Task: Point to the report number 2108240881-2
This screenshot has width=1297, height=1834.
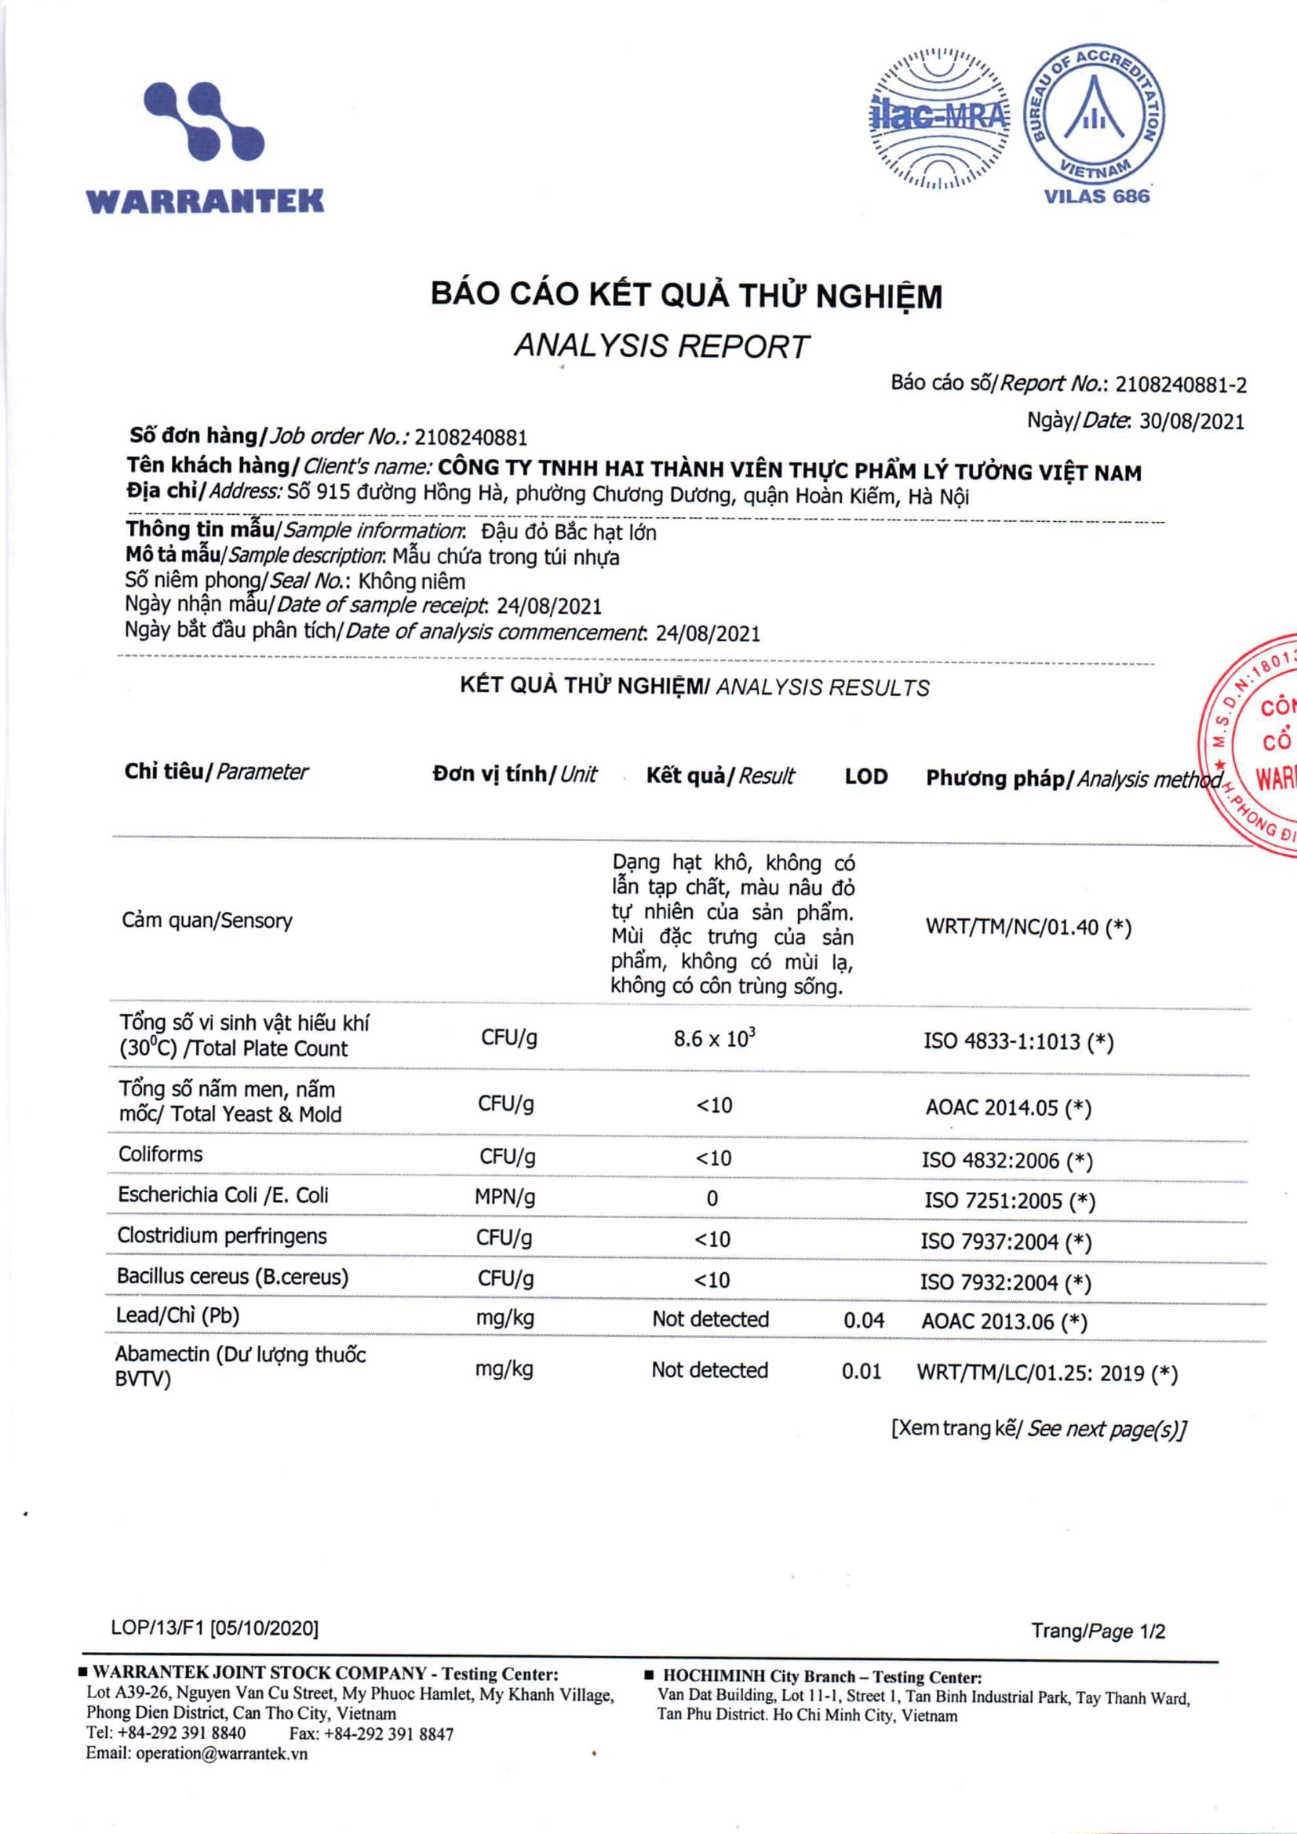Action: [x=1180, y=385]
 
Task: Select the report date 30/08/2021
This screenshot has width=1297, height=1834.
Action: [x=1192, y=421]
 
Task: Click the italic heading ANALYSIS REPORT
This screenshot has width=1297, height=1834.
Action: [x=661, y=346]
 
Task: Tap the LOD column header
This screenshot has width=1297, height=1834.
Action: [x=865, y=776]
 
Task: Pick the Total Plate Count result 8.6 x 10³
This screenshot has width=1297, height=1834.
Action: [x=714, y=1038]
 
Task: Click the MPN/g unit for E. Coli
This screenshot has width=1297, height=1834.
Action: [x=505, y=1198]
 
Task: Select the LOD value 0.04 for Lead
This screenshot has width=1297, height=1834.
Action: [x=863, y=1321]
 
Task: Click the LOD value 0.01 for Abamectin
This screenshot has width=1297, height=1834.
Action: [x=861, y=1372]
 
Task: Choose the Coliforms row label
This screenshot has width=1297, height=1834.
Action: [x=161, y=1154]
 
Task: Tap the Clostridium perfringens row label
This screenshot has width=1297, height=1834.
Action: [x=222, y=1236]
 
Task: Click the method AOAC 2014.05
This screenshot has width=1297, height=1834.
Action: [x=992, y=1108]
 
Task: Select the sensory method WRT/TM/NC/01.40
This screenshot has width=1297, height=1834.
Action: [x=1012, y=928]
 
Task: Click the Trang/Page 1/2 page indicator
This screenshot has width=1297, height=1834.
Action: [x=1098, y=1631]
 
